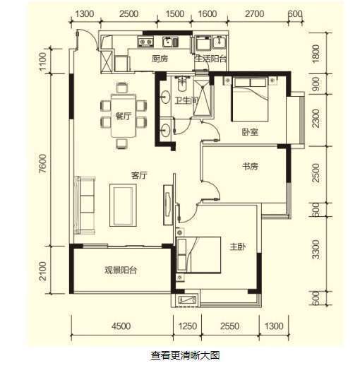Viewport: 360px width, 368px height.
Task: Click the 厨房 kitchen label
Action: point(160,59)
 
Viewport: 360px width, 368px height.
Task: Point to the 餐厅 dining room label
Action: point(124,117)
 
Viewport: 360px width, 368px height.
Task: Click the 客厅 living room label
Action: point(138,174)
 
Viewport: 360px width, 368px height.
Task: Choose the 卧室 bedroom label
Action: point(248,131)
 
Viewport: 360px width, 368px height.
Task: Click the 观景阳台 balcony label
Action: point(120,270)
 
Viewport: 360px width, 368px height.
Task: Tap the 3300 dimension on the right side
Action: point(316,249)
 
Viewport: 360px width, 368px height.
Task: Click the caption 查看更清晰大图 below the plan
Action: point(180,355)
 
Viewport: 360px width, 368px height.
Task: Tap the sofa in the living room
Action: point(88,202)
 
